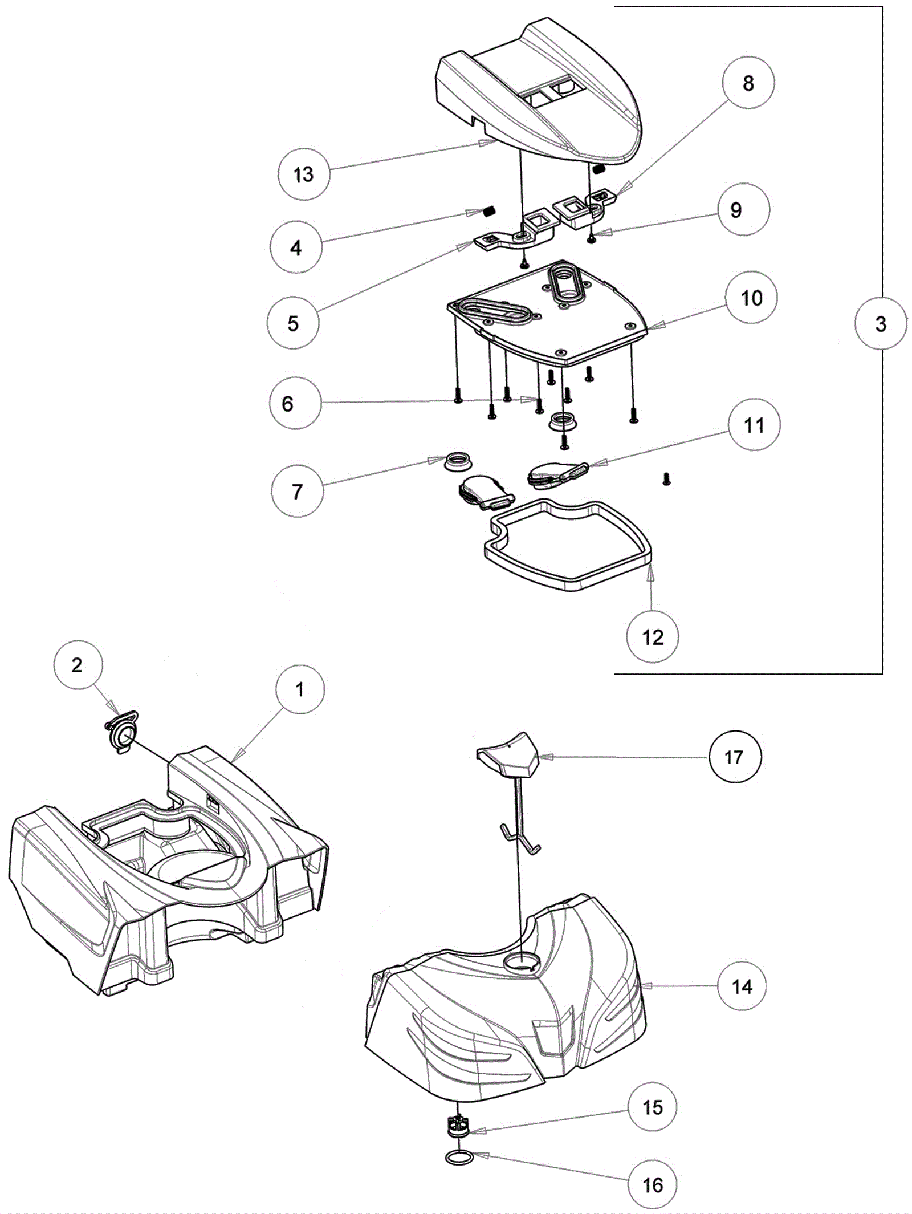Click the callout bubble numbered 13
304,174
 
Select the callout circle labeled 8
748,83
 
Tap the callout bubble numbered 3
881,324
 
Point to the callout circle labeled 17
734,757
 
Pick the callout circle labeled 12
653,637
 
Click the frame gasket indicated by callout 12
567,545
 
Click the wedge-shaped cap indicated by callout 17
507,754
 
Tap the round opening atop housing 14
520,961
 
